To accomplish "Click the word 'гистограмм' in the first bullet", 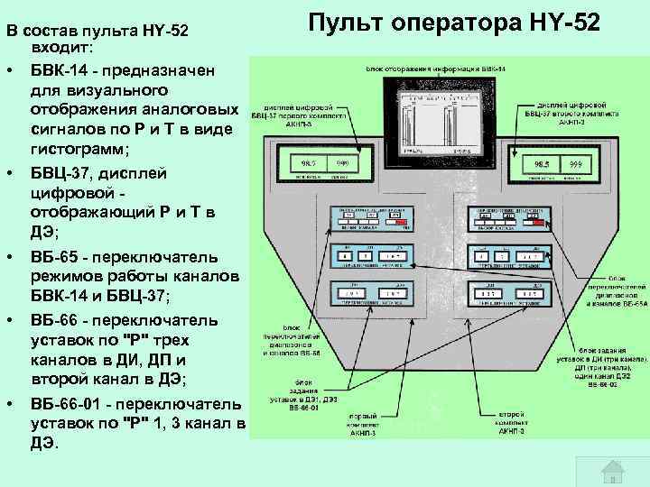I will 78,148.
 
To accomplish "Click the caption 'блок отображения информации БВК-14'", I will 436,69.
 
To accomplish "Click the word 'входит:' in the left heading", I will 60,46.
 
